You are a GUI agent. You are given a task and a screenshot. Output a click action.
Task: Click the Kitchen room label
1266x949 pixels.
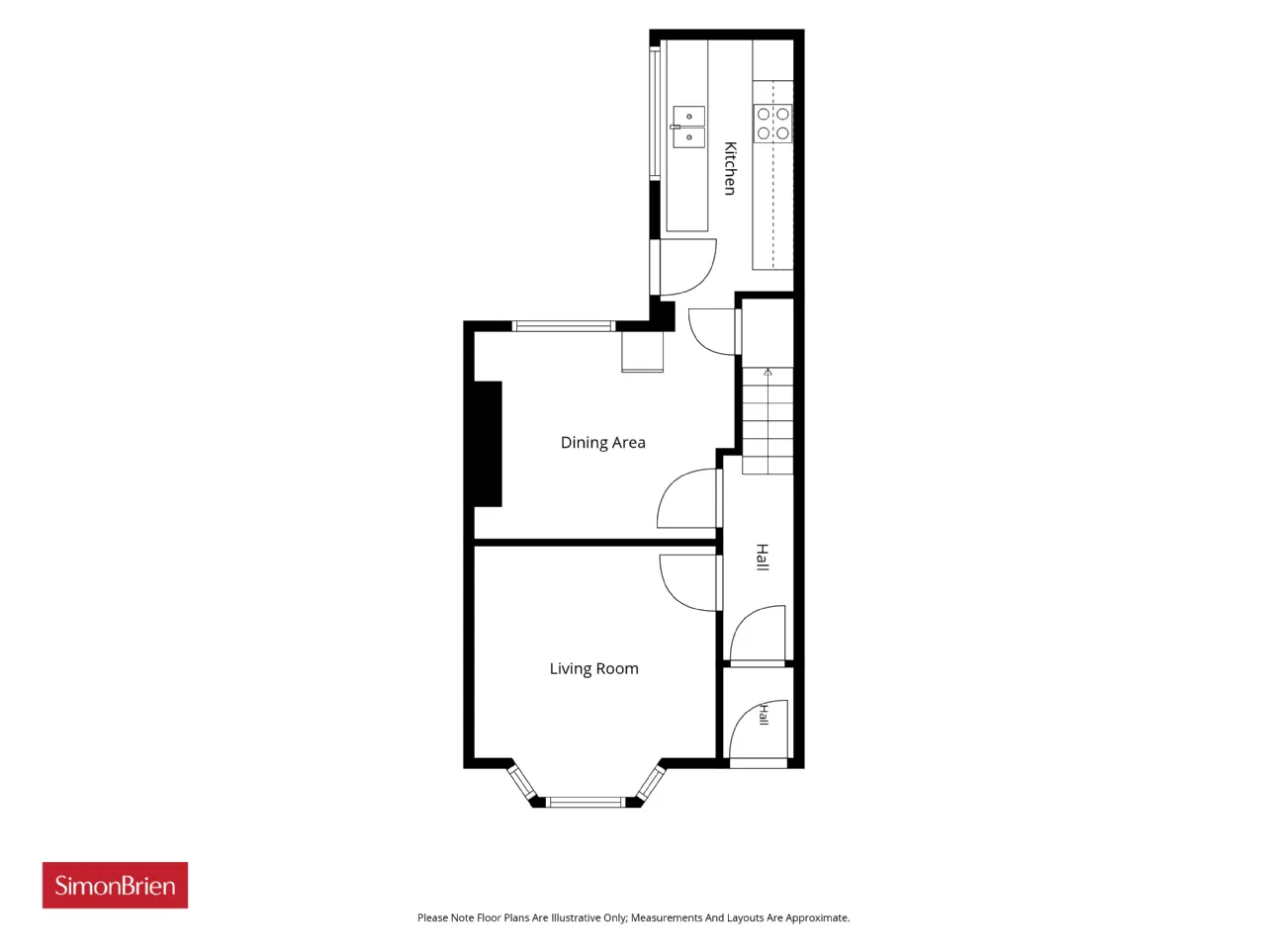730,168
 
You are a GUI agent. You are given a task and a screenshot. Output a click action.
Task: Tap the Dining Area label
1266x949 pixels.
602,443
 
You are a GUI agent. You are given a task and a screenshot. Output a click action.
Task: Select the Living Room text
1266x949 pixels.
593,668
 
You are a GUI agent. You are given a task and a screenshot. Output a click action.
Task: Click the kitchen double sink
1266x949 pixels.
688,127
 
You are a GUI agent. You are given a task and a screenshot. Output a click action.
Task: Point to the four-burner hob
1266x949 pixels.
772,124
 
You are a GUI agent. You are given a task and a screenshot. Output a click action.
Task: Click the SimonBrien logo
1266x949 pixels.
115,885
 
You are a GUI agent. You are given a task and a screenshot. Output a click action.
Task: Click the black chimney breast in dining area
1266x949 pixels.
488,444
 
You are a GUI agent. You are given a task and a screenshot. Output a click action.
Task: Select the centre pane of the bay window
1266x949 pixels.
586,802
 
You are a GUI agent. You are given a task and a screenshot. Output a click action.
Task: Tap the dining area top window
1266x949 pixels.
564,326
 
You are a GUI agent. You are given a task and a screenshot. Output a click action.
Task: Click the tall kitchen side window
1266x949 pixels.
655,114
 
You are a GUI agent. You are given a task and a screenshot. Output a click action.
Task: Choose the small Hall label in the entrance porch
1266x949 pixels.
764,715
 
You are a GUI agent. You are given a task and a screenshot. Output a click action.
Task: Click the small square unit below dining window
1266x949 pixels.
642,352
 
